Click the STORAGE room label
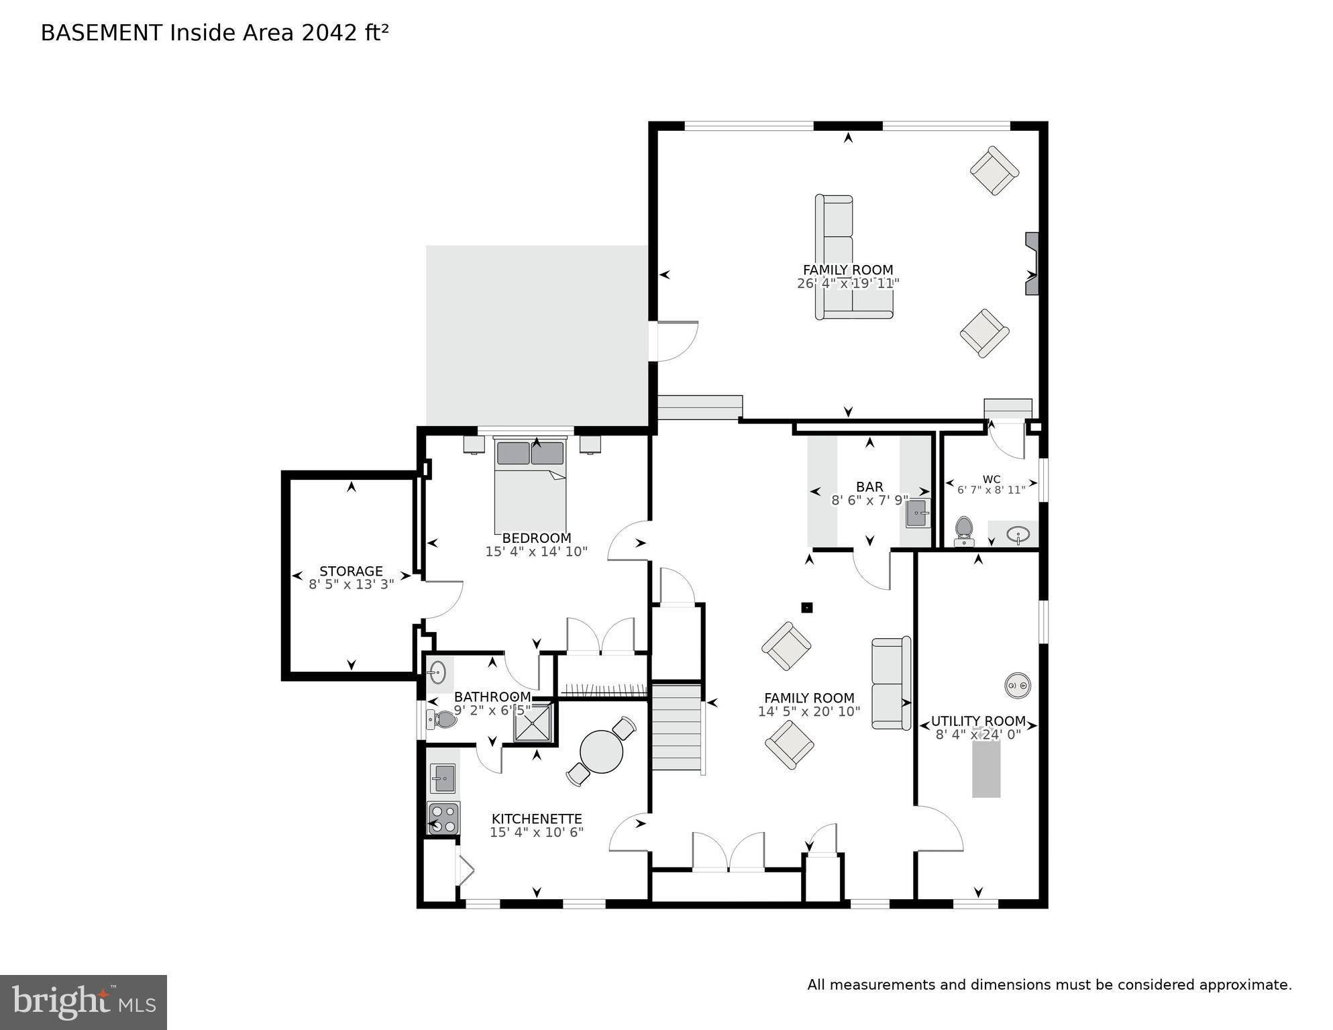point(351,571)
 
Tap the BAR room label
point(869,486)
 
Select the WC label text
point(991,479)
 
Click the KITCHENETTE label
point(536,819)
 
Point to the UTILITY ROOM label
point(977,721)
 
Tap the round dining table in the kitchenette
point(601,751)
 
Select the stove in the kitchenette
point(443,819)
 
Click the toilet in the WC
point(964,531)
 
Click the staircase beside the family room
point(678,728)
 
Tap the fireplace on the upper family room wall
point(1031,263)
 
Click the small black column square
point(807,608)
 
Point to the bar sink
point(918,514)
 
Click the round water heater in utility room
point(1017,685)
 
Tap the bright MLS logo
point(83,1002)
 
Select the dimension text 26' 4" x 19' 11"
point(847,283)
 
